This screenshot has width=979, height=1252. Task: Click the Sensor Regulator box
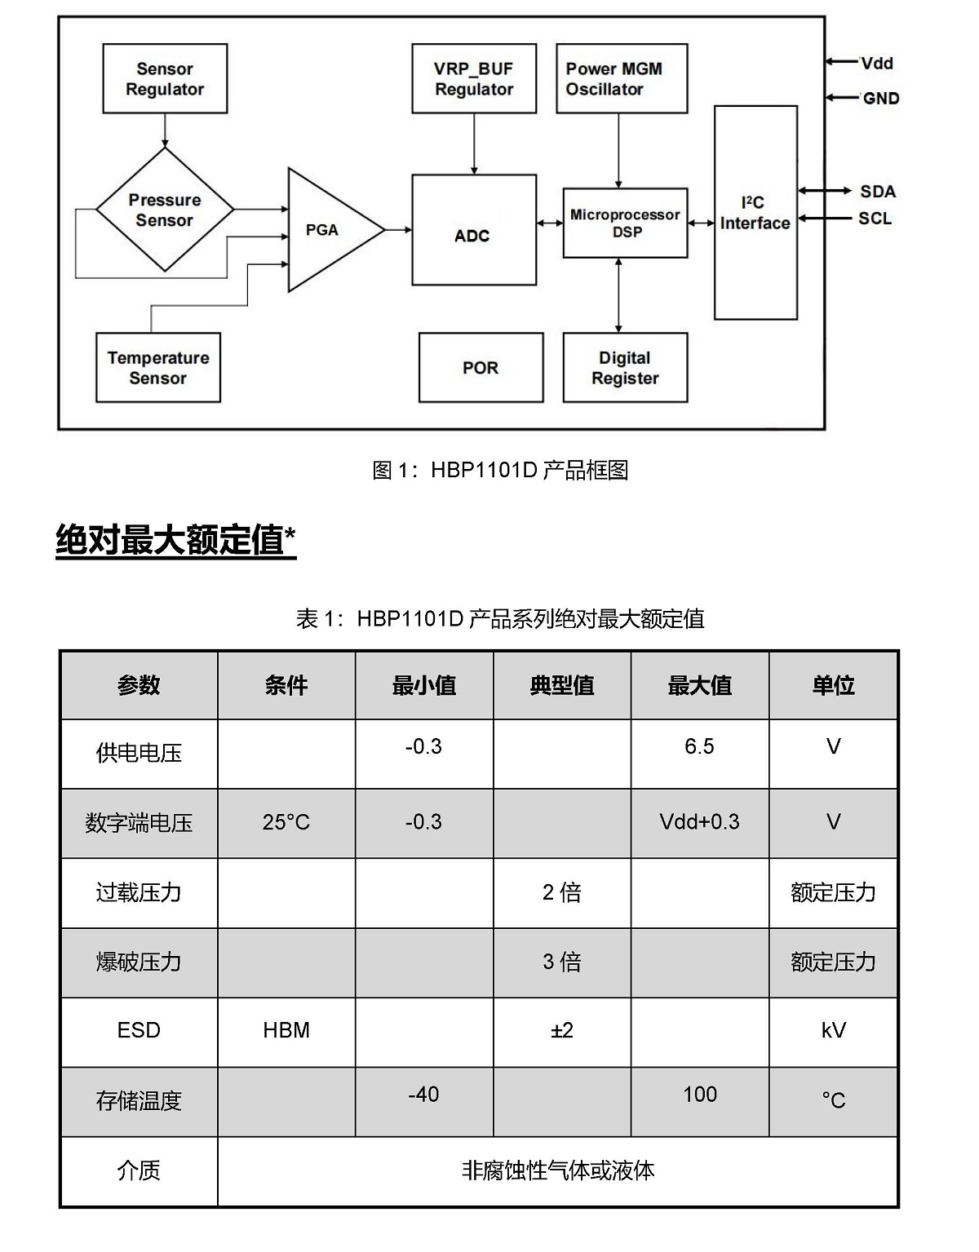click(x=165, y=78)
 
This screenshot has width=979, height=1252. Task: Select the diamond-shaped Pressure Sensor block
click(x=165, y=210)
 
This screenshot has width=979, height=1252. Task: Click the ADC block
click(x=474, y=230)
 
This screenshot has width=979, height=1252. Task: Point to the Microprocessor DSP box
click(x=625, y=223)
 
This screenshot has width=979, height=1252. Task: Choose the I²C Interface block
click(x=755, y=213)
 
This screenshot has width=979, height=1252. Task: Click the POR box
click(x=481, y=368)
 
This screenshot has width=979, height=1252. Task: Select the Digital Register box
click(x=625, y=368)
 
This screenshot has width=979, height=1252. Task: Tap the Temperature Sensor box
click(x=158, y=368)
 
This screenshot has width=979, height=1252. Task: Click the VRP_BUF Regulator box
click(x=474, y=78)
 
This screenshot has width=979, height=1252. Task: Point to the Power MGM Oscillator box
click(x=622, y=78)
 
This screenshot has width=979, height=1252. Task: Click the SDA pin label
click(x=878, y=192)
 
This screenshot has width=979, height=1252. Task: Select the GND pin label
click(x=881, y=99)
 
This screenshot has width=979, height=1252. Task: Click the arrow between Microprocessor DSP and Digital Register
click(x=619, y=295)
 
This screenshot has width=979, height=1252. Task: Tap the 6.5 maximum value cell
click(x=699, y=746)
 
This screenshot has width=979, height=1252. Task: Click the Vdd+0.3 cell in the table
click(x=699, y=822)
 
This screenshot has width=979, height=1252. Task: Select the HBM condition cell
click(x=286, y=1030)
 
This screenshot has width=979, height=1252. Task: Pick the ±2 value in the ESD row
click(x=562, y=1030)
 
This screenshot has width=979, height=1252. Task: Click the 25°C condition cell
click(x=286, y=822)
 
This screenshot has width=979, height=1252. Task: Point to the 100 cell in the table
click(x=699, y=1094)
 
